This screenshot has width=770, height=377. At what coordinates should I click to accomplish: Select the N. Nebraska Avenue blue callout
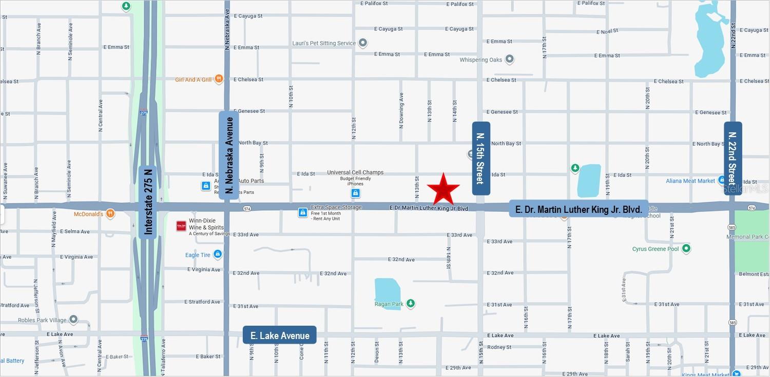click(x=229, y=155)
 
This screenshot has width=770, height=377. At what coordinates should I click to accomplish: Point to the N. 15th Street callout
click(x=480, y=158)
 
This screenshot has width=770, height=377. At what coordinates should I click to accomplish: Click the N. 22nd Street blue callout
click(x=733, y=158)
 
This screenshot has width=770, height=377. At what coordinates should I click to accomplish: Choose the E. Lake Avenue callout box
click(x=280, y=335)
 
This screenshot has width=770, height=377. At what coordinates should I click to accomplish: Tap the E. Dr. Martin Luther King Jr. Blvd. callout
click(x=579, y=209)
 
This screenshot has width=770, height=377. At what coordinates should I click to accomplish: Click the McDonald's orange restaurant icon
click(x=110, y=214)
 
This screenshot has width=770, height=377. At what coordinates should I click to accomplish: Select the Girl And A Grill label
click(x=193, y=80)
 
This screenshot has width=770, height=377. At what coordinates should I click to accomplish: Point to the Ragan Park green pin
click(x=410, y=304)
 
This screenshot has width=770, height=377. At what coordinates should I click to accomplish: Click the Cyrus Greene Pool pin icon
click(x=686, y=249)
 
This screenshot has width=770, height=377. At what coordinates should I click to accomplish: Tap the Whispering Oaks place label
click(x=480, y=60)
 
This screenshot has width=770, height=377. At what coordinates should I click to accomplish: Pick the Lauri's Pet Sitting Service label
click(x=323, y=43)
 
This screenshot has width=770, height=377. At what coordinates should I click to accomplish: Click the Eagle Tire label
click(x=198, y=255)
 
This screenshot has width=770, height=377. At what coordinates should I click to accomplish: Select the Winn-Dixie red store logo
click(x=181, y=226)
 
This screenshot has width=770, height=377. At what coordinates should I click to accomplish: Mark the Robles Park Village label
click(x=42, y=320)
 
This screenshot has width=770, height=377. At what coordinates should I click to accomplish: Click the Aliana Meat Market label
click(x=690, y=181)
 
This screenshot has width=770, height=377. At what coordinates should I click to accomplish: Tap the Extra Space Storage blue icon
click(x=303, y=212)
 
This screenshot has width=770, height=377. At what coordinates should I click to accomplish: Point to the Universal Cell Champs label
click(x=355, y=172)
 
